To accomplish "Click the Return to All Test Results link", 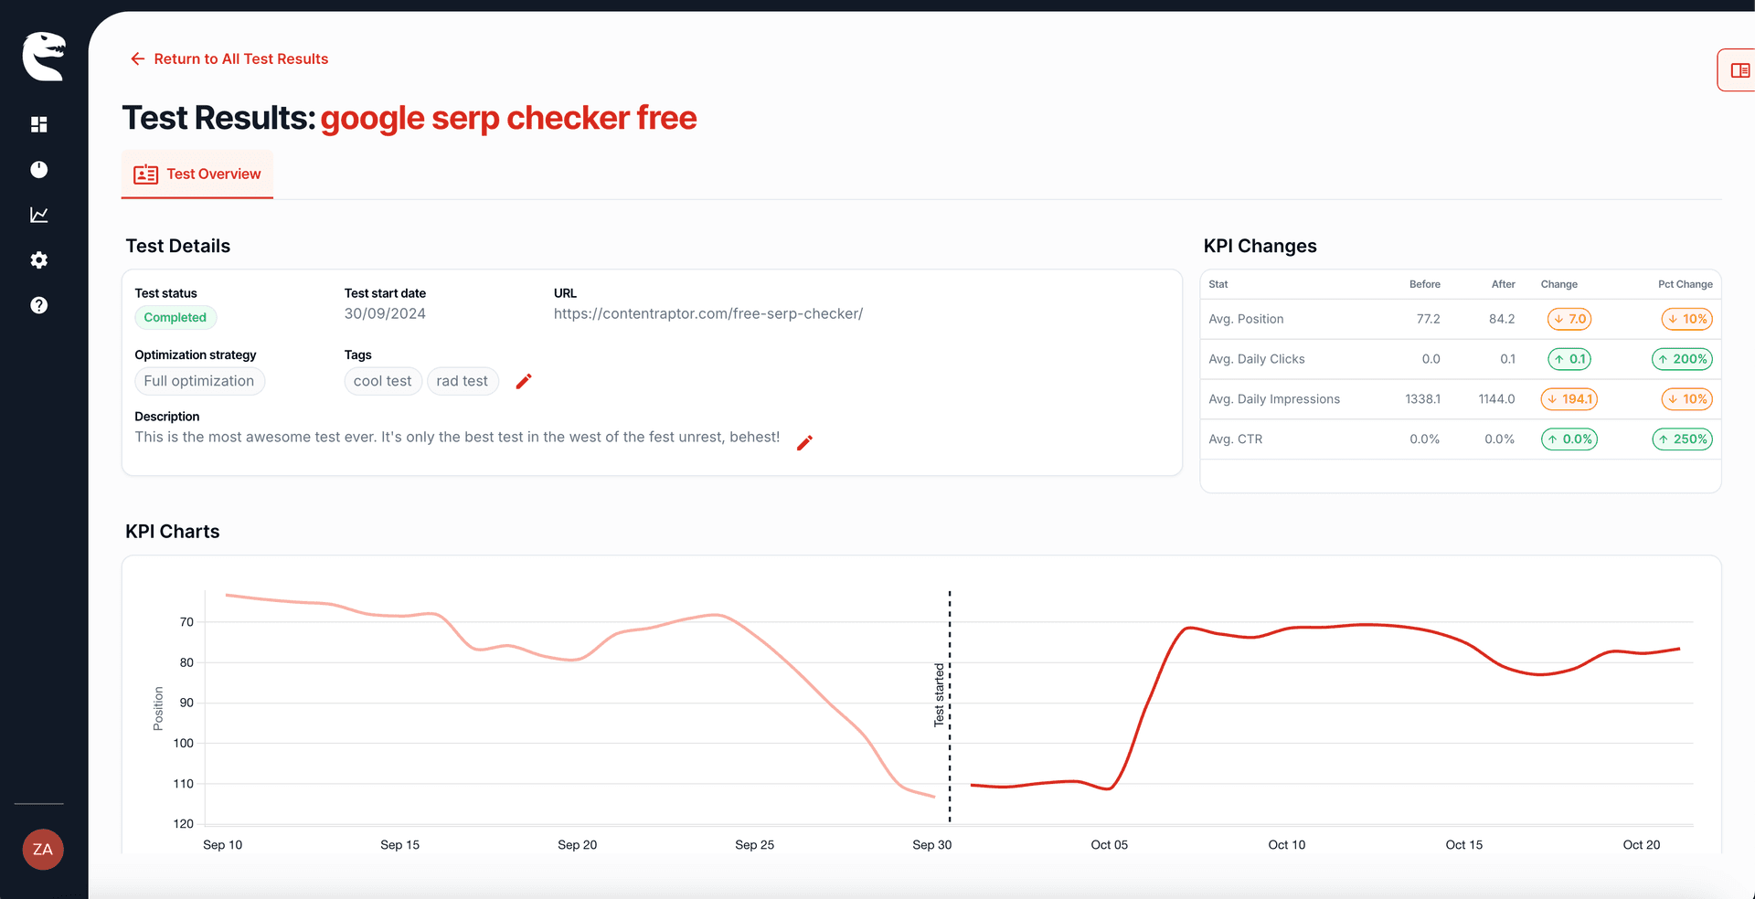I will tap(229, 58).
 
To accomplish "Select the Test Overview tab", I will tap(197, 174).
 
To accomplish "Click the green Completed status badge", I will tap(175, 317).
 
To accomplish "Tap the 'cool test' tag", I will tap(382, 381).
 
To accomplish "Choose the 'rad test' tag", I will tap(462, 381).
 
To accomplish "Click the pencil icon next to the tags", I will tap(524, 381).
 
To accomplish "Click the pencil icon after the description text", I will tap(804, 443).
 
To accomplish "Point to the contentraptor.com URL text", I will tap(707, 313).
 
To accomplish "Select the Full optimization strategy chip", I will tap(199, 381).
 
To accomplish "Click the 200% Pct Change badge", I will tap(1682, 359).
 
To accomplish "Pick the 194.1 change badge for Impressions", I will tap(1569, 399).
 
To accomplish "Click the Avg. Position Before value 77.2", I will tap(1428, 319).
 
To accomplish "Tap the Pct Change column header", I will tap(1685, 284).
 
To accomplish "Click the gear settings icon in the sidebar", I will tap(38, 260).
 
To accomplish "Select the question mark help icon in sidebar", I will tap(38, 305).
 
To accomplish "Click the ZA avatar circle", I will tap(42, 850).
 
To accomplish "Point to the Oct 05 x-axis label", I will tap(1109, 844).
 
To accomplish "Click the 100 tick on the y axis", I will tap(184, 743).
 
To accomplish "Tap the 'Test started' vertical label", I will tap(939, 695).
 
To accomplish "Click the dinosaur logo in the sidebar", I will tap(43, 57).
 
